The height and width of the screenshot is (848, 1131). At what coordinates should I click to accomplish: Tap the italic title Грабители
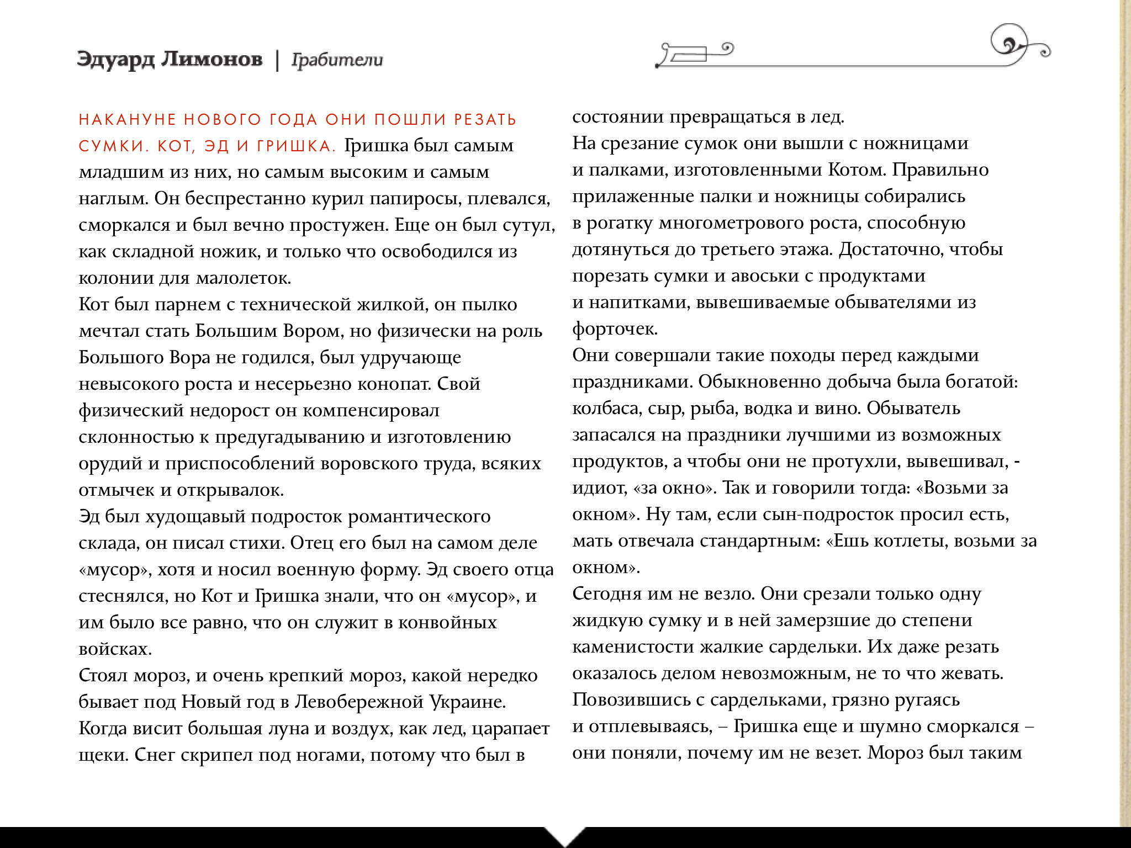point(337,60)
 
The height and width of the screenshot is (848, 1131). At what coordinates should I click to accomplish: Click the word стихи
point(256,543)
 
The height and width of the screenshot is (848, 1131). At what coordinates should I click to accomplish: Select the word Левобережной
point(358,702)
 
